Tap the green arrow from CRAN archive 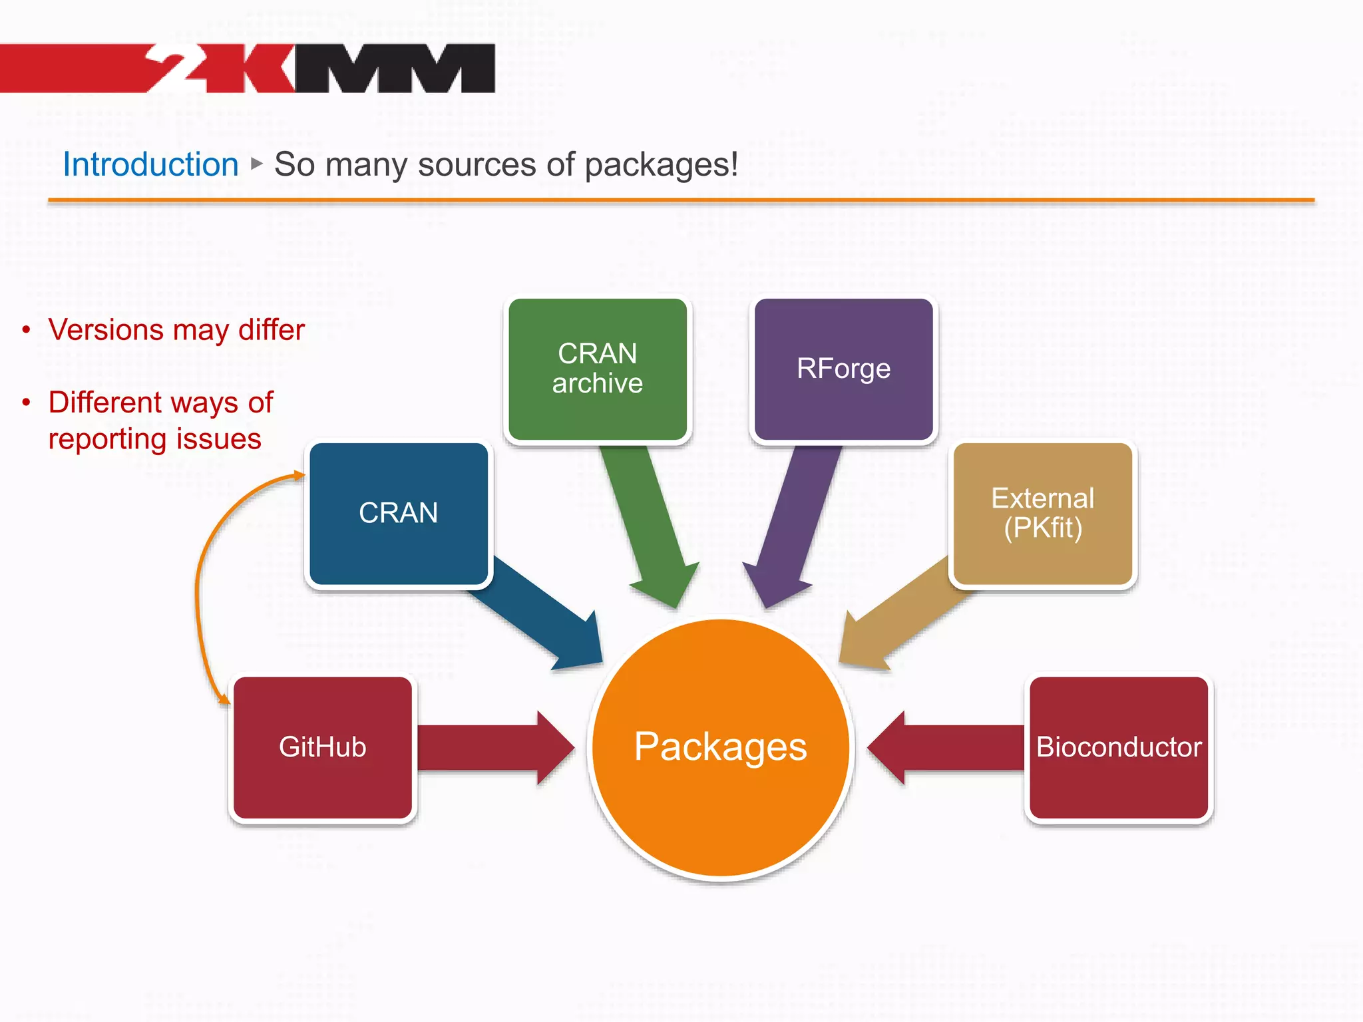click(x=649, y=526)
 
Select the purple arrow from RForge click(x=795, y=526)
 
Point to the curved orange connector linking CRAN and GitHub click(x=197, y=586)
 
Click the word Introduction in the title click(x=150, y=164)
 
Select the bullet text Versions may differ click(x=176, y=330)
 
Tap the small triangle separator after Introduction click(x=257, y=163)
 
